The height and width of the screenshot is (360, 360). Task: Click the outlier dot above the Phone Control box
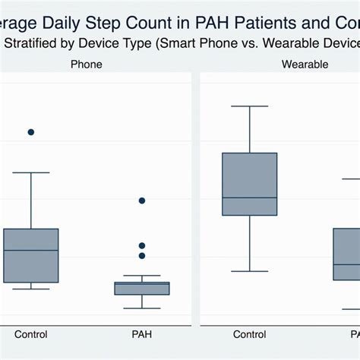31,132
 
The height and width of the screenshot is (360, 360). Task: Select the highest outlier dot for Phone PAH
142,201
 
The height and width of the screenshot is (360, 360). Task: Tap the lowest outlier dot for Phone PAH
142,256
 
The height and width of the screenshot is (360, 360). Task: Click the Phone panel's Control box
31,254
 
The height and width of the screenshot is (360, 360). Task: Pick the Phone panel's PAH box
142,288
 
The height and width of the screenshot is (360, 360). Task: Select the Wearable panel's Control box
250,185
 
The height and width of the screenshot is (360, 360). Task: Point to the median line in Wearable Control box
250,197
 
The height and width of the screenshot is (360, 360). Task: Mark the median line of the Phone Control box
31,250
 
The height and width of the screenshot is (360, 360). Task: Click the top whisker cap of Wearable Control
250,106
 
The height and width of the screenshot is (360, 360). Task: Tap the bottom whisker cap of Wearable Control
250,271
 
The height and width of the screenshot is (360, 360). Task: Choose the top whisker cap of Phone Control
31,172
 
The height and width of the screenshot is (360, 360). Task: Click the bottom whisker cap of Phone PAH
142,308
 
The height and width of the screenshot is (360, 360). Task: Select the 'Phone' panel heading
86,65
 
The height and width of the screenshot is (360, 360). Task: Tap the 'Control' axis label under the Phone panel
31,334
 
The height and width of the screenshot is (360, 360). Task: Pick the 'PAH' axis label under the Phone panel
142,334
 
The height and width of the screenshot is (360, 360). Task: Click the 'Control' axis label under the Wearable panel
250,334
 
